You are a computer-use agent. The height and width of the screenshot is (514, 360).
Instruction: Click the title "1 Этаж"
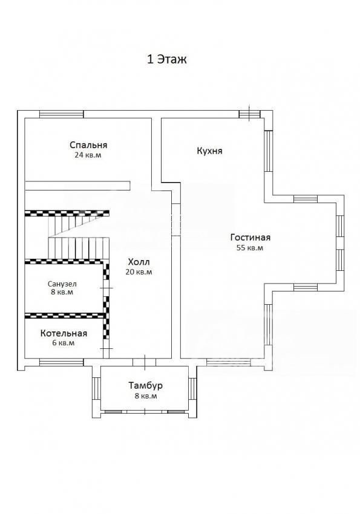[166, 60]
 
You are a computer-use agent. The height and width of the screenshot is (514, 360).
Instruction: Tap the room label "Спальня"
[88, 145]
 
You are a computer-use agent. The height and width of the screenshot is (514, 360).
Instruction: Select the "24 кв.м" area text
[88, 155]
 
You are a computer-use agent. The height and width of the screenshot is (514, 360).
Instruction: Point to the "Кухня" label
[209, 151]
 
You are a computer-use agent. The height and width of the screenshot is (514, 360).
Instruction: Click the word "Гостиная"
[250, 237]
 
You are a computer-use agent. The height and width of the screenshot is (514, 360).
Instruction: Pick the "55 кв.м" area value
[250, 248]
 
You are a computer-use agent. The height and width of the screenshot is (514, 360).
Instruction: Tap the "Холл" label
[139, 262]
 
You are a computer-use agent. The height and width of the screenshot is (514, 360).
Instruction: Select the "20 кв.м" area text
[139, 272]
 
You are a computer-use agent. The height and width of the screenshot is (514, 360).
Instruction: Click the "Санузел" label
[62, 284]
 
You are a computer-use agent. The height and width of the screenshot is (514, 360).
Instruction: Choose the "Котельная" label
[64, 333]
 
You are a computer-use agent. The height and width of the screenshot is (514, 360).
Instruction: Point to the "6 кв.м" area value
[64, 343]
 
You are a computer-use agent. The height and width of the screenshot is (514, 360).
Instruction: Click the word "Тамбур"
[146, 386]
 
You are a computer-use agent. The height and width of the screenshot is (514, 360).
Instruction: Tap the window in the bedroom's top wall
[61, 114]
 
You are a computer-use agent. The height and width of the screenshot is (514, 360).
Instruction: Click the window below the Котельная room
[61, 362]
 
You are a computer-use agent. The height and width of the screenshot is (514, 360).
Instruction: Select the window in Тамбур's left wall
[96, 388]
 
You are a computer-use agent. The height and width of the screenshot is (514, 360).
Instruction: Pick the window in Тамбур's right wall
[192, 388]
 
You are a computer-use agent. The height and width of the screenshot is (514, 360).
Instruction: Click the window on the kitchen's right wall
[269, 151]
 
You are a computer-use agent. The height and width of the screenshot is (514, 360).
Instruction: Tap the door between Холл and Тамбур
[144, 362]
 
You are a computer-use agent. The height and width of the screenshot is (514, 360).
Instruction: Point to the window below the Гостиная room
[229, 362]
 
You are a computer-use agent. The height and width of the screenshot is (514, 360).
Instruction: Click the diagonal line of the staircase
[79, 226]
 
